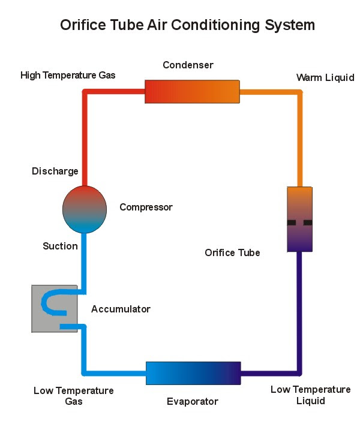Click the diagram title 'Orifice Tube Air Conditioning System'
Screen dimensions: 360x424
pyautogui.click(x=187, y=25)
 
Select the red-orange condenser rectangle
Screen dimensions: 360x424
pyautogui.click(x=192, y=91)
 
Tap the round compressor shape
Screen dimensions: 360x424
pyautogui.click(x=85, y=209)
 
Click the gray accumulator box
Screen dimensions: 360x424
pyautogui.click(x=55, y=308)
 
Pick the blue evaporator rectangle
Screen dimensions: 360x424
pyautogui.click(x=193, y=373)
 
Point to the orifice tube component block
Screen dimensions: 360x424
pyautogui.click(x=299, y=219)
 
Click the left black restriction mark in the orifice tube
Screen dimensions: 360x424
pyautogui.click(x=291, y=222)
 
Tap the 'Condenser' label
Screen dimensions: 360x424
pyautogui.click(x=188, y=65)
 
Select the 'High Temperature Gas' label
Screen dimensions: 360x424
pyautogui.click(x=68, y=75)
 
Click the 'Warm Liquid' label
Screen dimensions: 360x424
pyautogui.click(x=325, y=77)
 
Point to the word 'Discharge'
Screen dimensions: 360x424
pyautogui.click(x=55, y=171)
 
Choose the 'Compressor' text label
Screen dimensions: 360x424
pyautogui.click(x=146, y=207)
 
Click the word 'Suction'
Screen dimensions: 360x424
pyautogui.click(x=60, y=246)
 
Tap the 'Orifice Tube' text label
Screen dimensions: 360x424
pyautogui.click(x=232, y=252)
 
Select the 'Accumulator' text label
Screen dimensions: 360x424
pyautogui.click(x=121, y=309)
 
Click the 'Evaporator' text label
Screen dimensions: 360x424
pyautogui.click(x=193, y=402)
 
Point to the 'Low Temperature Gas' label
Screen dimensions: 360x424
pyautogui.click(x=74, y=396)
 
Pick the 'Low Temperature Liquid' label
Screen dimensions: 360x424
pyautogui.click(x=311, y=395)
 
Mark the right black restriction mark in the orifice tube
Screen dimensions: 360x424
pyautogui.click(x=308, y=222)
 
